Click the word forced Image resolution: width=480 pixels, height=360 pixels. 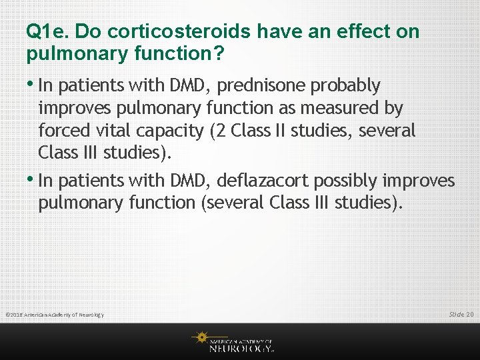(61, 130)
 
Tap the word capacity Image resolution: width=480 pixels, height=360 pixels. (168, 131)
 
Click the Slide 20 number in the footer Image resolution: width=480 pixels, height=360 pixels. (461, 314)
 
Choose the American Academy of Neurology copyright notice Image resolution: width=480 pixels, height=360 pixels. (55, 315)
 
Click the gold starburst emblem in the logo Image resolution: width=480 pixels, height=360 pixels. (200, 338)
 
